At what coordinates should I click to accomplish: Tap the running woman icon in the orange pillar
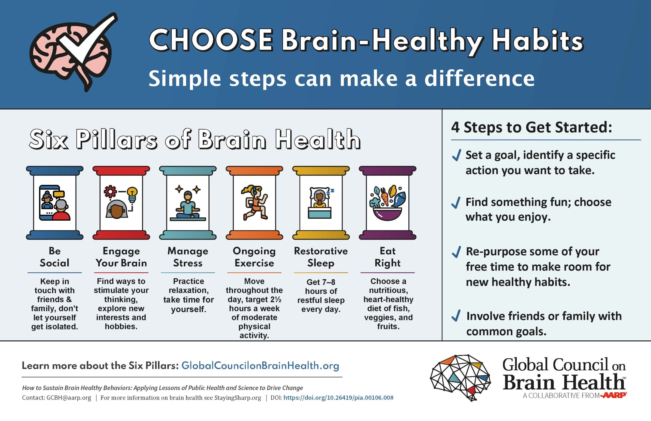pos(254,203)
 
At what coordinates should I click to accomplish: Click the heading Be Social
pos(54,257)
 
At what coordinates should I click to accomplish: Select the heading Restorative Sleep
pos(321,257)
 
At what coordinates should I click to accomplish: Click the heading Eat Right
pos(388,257)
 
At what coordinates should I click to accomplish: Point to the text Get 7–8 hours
pos(321,286)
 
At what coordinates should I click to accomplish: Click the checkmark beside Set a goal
pos(456,156)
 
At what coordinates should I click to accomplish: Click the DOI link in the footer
pos(338,398)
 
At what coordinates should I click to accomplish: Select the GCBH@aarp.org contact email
pos(69,398)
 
